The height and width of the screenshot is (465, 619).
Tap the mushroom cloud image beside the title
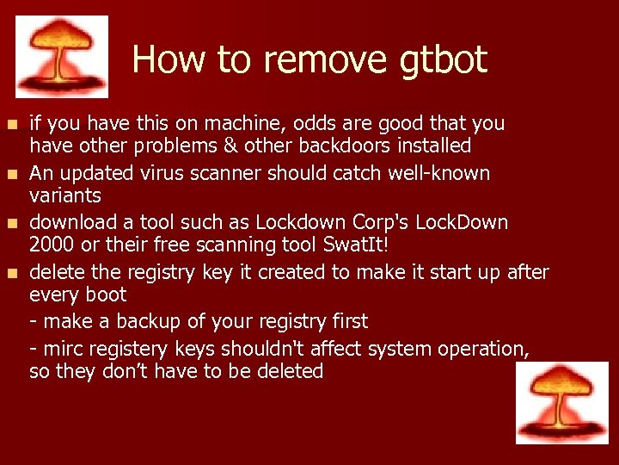[x=62, y=57]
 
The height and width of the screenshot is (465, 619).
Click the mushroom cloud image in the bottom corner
[x=561, y=402]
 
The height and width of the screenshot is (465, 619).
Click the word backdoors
[x=359, y=146]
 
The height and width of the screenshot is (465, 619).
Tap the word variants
[x=65, y=195]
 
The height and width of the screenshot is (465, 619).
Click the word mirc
[x=63, y=349]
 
